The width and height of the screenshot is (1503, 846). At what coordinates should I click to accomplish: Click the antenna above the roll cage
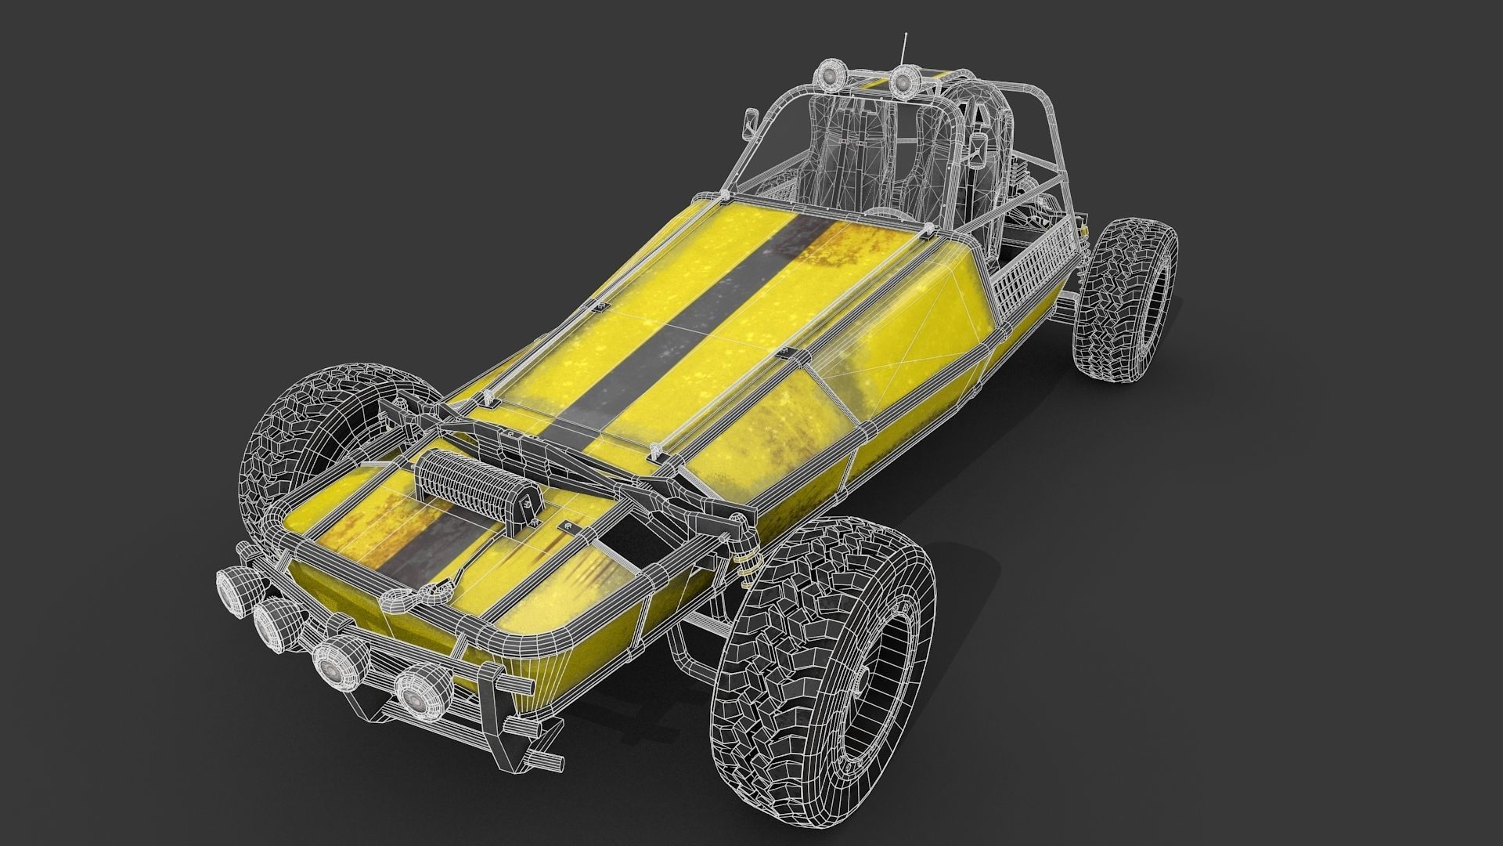(x=906, y=49)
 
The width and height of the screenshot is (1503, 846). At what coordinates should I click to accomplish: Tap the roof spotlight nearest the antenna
(x=906, y=79)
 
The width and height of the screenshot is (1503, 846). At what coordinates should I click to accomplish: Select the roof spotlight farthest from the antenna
(x=829, y=76)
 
